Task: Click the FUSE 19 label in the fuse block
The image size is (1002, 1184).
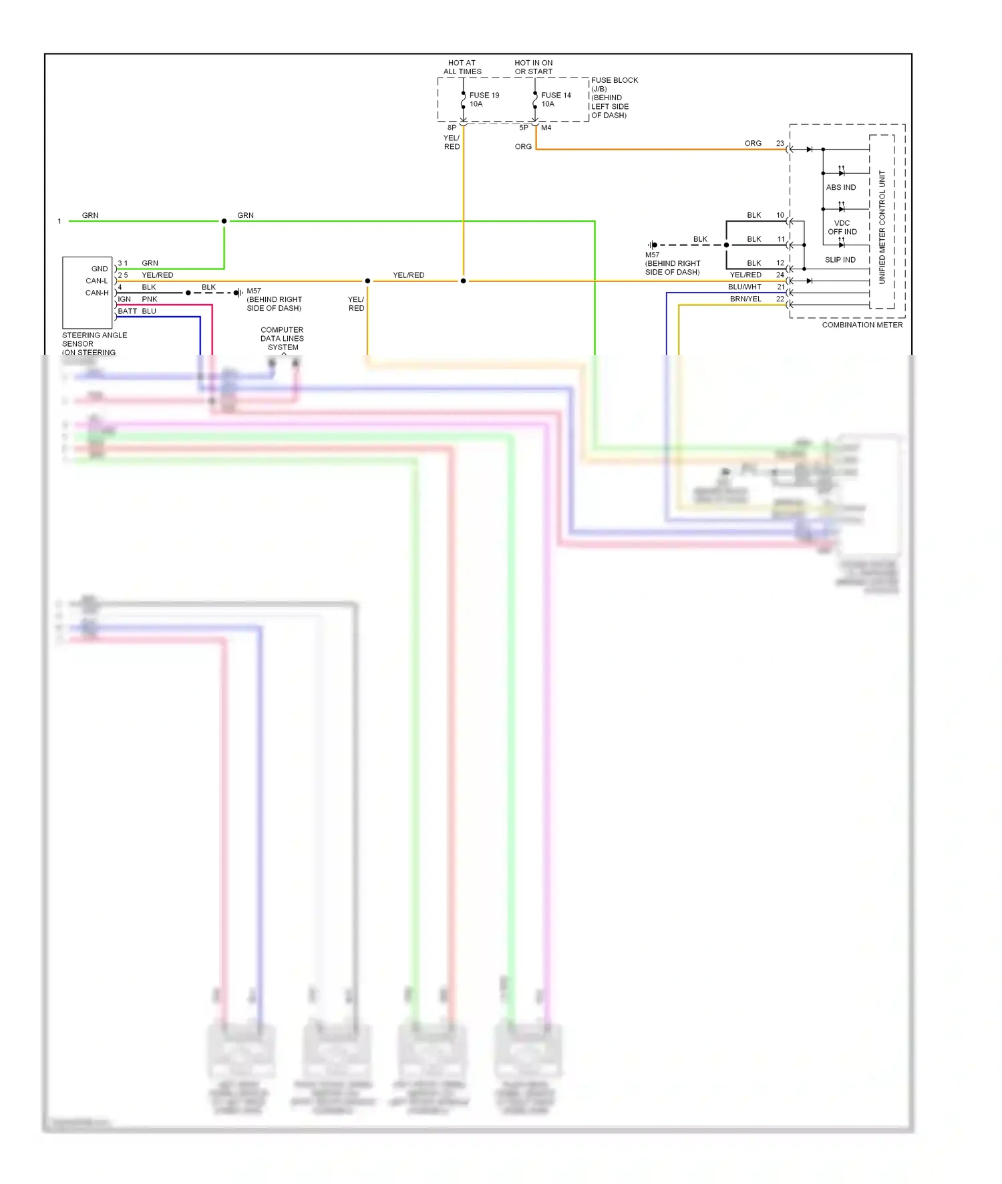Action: tap(484, 96)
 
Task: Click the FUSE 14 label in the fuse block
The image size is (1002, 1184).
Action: tap(556, 96)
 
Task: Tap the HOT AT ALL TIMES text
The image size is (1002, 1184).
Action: tap(462, 67)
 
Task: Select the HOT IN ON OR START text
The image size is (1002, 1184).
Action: tap(533, 67)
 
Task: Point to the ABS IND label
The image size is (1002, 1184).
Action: tap(840, 188)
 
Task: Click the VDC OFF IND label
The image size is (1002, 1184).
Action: tap(842, 227)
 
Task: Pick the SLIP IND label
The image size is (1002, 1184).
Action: tap(840, 260)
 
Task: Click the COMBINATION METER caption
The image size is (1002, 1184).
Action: tap(862, 325)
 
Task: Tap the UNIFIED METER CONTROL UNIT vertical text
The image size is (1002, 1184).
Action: tap(882, 227)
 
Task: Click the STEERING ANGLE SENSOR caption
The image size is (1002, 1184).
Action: tap(94, 339)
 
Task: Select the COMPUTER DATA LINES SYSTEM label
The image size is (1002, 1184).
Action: tap(282, 339)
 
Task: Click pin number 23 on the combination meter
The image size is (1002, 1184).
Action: tap(780, 144)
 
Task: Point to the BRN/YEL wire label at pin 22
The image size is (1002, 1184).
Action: tap(745, 299)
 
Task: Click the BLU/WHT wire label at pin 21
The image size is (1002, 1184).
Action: tap(744, 287)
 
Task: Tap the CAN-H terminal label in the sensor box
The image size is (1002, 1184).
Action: tap(97, 293)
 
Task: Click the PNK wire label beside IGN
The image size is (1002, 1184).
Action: tap(150, 299)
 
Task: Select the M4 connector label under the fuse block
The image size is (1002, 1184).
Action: tap(546, 128)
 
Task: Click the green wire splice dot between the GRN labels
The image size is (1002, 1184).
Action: tap(224, 221)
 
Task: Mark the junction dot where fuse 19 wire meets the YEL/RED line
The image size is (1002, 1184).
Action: tap(463, 281)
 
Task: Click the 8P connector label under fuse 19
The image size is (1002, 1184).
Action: tap(452, 128)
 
